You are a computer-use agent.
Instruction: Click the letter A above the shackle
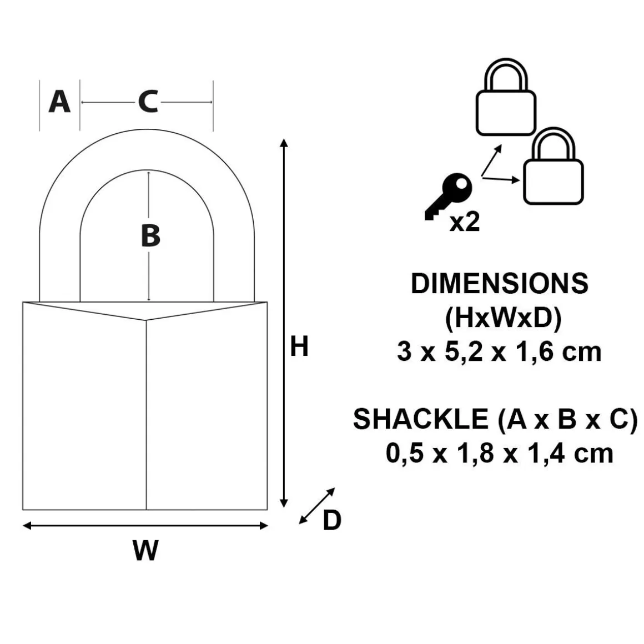(59, 102)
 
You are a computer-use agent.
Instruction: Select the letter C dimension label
(148, 102)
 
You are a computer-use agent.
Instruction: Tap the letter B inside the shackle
(150, 235)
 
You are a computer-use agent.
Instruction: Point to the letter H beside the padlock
(299, 346)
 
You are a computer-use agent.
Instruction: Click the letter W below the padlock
(145, 550)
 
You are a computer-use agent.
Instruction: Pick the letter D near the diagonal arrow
(332, 520)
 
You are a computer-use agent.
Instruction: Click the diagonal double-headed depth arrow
(316, 506)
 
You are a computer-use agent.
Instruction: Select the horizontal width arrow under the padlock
(145, 525)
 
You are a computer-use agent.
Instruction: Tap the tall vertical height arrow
(283, 323)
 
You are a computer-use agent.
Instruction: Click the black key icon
(449, 197)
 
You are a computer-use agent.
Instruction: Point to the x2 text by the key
(465, 222)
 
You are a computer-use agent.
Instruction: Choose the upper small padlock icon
(506, 97)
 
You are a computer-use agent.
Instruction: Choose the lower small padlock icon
(554, 166)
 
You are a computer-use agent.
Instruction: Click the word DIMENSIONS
(500, 283)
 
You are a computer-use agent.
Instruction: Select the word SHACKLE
(421, 419)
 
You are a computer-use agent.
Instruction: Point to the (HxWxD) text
(503, 318)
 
